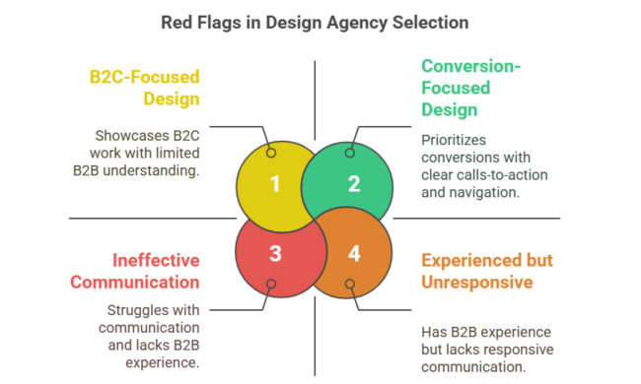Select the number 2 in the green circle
click(354, 183)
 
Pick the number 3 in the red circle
click(275, 253)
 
